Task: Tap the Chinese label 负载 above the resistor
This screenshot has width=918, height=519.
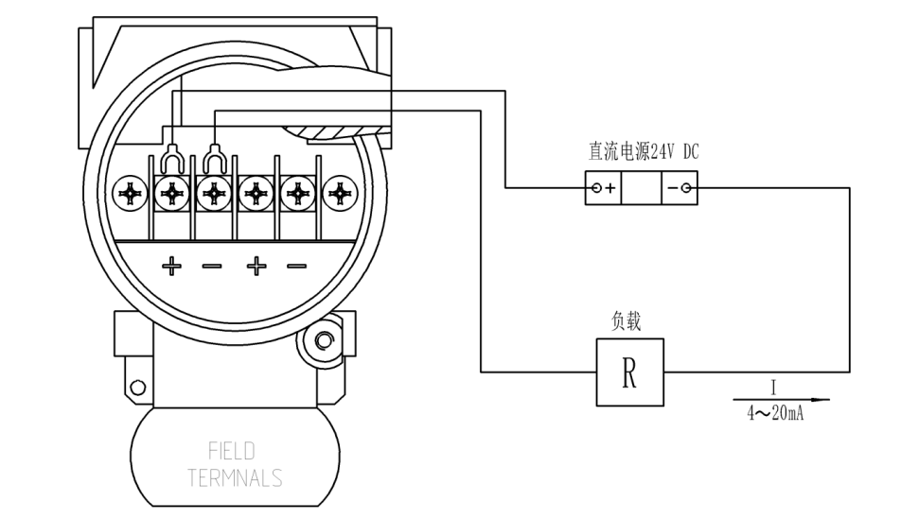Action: pyautogui.click(x=627, y=321)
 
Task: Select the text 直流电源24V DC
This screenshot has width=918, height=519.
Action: pyautogui.click(x=644, y=151)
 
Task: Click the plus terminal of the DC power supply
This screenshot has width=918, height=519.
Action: pyautogui.click(x=604, y=188)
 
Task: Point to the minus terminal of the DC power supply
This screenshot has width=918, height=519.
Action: pyautogui.click(x=679, y=188)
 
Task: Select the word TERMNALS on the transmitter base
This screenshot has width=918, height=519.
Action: pyautogui.click(x=235, y=478)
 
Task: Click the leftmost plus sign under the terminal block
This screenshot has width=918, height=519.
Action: pyautogui.click(x=171, y=267)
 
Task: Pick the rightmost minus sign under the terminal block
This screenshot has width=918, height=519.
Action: pyautogui.click(x=296, y=267)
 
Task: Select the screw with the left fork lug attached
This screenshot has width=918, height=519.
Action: pyautogui.click(x=171, y=194)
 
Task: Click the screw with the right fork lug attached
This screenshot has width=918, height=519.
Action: pyautogui.click(x=214, y=194)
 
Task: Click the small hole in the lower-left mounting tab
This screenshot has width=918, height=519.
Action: pyautogui.click(x=138, y=387)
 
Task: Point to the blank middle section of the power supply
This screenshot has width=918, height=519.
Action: pyautogui.click(x=642, y=188)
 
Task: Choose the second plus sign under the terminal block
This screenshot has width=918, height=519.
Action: pyautogui.click(x=256, y=267)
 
